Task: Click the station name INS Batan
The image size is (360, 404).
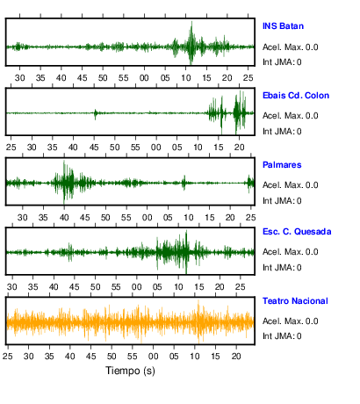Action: pyautogui.click(x=283, y=26)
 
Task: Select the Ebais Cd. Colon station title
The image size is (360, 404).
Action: pyautogui.click(x=296, y=96)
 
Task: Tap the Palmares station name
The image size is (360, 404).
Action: pyautogui.click(x=282, y=165)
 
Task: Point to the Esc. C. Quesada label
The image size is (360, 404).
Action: pyautogui.click(x=297, y=232)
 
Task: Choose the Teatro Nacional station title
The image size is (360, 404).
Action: pyautogui.click(x=295, y=301)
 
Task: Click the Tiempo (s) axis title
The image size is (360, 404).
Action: pyautogui.click(x=130, y=371)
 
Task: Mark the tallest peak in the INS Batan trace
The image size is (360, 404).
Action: pyautogui.click(x=191, y=22)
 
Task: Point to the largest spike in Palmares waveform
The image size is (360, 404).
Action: pyautogui.click(x=64, y=162)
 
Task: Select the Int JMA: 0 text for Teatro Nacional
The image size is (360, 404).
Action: pyautogui.click(x=282, y=336)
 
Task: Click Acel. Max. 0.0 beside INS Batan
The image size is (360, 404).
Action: pyautogui.click(x=290, y=47)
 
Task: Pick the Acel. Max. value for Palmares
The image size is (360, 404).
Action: pyautogui.click(x=290, y=185)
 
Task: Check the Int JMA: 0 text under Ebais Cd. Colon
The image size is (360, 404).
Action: pyautogui.click(x=282, y=132)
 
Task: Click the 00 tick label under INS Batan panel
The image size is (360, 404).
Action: pyautogui.click(x=144, y=78)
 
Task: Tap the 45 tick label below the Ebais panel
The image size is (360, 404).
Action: pyautogui.click(x=94, y=148)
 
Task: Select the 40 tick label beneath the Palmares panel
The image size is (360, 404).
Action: pyautogui.click(x=64, y=218)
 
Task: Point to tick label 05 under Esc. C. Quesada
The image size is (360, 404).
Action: pyautogui.click(x=157, y=287)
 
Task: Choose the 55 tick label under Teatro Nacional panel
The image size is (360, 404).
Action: pyautogui.click(x=133, y=357)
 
